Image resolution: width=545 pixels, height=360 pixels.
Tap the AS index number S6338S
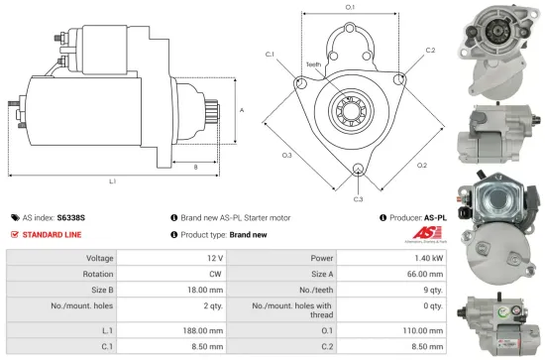(70, 216)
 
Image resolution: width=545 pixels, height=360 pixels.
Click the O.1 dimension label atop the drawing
(350, 7)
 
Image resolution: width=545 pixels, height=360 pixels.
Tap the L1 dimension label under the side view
(112, 181)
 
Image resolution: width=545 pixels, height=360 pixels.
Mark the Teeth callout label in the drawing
(313, 64)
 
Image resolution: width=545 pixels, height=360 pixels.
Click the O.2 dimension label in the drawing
(421, 166)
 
